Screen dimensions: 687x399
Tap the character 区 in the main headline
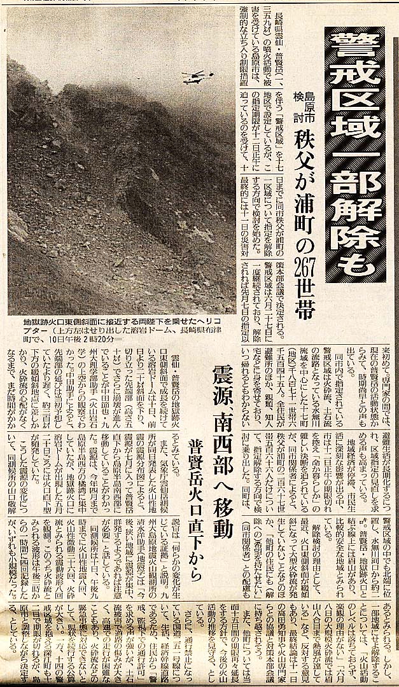(x=361, y=105)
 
